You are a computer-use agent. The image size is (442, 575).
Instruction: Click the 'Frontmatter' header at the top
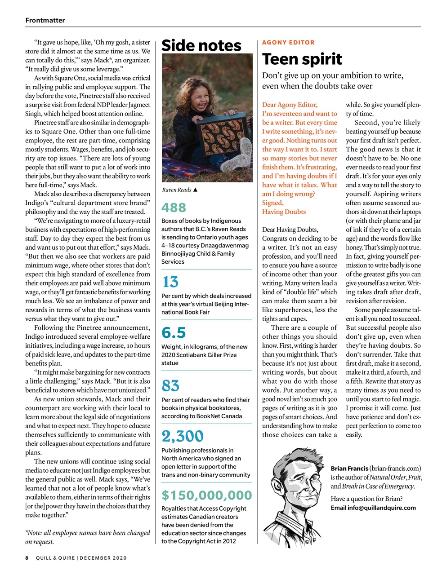pos(45,20)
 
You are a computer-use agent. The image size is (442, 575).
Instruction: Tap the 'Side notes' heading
pos(201,45)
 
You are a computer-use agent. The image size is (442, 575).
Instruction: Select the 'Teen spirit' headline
pos(302,59)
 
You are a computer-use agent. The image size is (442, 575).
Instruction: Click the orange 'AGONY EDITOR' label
pos(288,42)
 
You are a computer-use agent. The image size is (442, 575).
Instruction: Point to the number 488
pos(174,208)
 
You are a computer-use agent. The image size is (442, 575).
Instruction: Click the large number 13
pos(170,282)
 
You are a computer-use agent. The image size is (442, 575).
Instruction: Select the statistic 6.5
pos(174,333)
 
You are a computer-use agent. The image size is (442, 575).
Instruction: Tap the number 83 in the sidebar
pos(170,385)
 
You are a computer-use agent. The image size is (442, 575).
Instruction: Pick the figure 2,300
pos(182,436)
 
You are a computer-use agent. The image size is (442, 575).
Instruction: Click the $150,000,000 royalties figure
pos(206,495)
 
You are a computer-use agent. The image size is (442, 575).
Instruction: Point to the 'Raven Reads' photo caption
pos(177,190)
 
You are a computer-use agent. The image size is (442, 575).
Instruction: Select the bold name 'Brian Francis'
pos(349,469)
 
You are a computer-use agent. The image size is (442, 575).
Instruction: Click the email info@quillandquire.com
pos(373,508)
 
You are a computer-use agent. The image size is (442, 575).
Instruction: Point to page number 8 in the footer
pos(27,558)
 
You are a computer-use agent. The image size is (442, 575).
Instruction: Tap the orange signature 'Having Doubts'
pos(284,212)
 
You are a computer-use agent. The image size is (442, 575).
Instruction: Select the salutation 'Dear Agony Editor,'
pos(290,105)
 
